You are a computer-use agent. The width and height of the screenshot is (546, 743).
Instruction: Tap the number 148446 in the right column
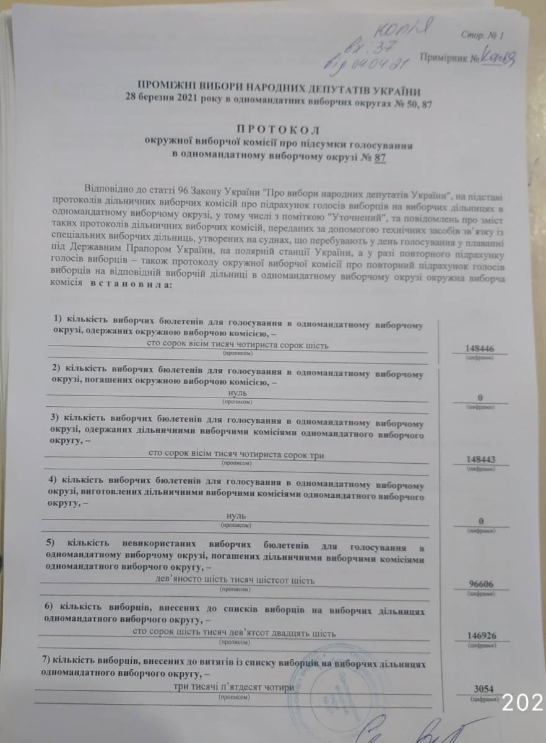(x=479, y=349)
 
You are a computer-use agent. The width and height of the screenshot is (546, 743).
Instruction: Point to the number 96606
(x=480, y=584)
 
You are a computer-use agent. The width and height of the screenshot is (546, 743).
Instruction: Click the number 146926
(x=481, y=636)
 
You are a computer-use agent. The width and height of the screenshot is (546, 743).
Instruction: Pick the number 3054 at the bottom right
(x=482, y=690)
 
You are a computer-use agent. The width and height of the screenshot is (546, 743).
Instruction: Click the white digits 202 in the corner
(x=522, y=702)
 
